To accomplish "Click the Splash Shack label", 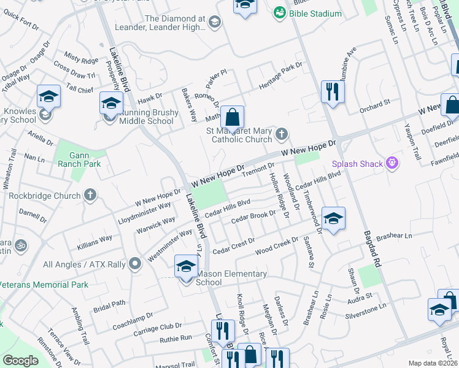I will [x=357, y=164].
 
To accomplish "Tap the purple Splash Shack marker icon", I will [x=393, y=164].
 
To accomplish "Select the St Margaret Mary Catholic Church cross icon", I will [x=282, y=133].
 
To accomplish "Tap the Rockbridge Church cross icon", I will [x=90, y=196].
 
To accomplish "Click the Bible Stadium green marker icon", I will [x=279, y=13].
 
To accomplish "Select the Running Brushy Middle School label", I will [x=149, y=117].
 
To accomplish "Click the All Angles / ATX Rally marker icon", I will [x=136, y=265].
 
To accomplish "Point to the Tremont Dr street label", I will [x=256, y=169].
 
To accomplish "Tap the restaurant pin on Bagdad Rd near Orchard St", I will [x=332, y=92].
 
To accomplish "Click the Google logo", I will [x=20, y=361].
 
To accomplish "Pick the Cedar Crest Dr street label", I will [x=233, y=247].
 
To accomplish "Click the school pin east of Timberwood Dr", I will [x=333, y=219].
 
